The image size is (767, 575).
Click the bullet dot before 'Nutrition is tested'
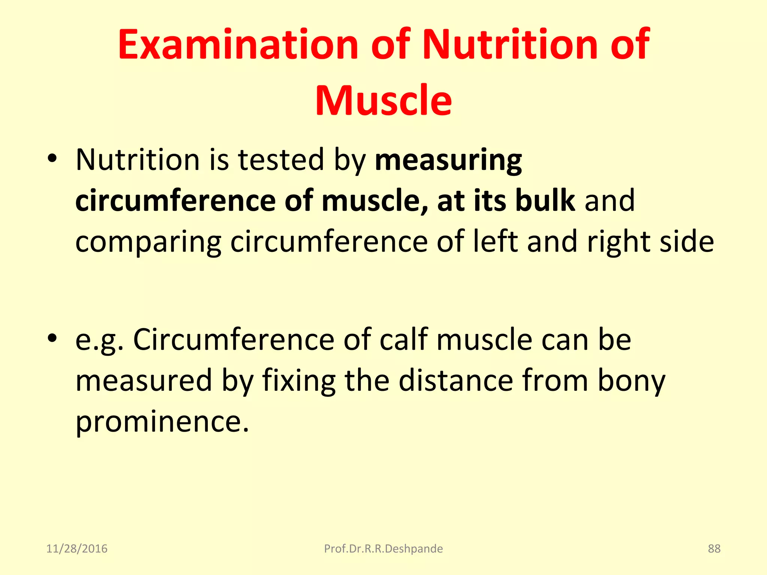click(52, 159)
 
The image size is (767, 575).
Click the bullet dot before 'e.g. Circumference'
click(52, 339)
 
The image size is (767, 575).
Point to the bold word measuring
click(448, 160)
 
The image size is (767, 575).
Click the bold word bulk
click(545, 201)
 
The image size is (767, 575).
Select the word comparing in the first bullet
click(148, 243)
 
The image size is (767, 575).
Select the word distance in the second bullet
click(455, 380)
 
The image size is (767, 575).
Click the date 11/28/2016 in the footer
click(77, 549)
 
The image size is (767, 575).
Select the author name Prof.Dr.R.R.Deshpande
click(383, 549)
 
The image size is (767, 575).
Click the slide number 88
click(714, 549)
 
